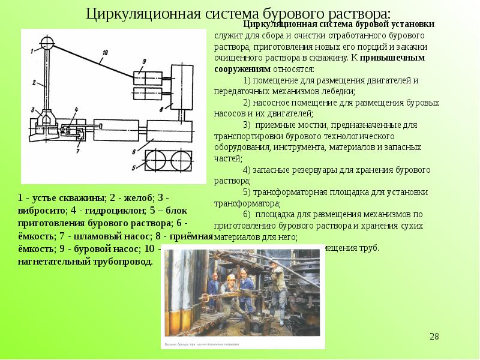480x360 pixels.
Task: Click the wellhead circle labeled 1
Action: coord(47,43)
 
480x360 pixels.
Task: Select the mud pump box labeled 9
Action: coord(148,77)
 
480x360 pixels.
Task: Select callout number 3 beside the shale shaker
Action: coord(34,110)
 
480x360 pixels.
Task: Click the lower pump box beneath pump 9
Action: coord(148,95)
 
